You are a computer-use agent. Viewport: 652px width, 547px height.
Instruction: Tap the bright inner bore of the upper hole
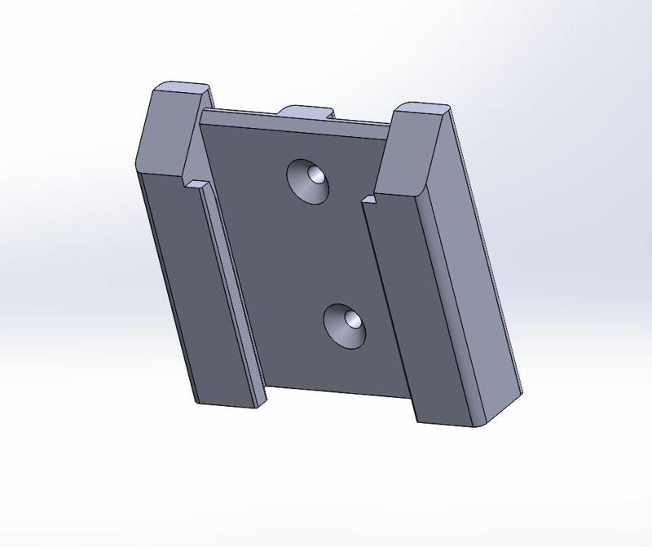(315, 175)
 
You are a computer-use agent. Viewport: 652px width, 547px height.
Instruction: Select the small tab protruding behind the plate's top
(307, 111)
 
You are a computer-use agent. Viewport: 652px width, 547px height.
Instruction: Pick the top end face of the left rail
(182, 88)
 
